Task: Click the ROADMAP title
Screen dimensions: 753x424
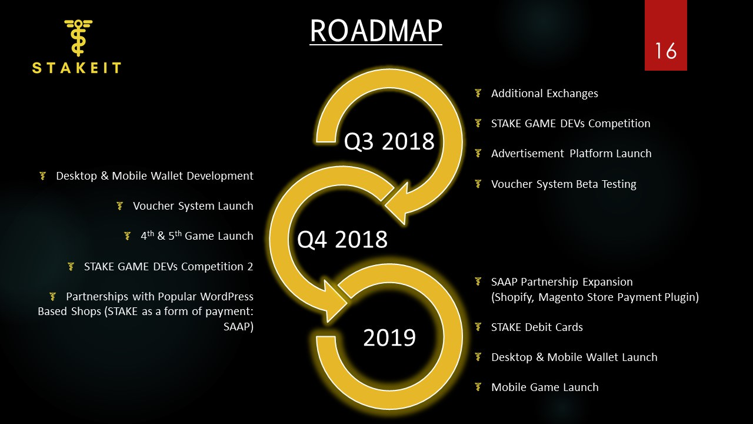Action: click(x=376, y=31)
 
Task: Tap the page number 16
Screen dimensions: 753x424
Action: click(x=665, y=51)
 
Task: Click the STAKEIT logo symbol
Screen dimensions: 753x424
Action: click(x=78, y=38)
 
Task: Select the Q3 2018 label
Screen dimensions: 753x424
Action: click(x=389, y=141)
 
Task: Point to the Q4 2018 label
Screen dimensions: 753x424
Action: click(x=342, y=240)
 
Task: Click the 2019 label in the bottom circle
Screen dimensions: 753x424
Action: click(x=389, y=337)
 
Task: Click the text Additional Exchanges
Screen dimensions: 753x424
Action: click(x=545, y=93)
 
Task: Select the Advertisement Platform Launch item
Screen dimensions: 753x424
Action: click(x=571, y=154)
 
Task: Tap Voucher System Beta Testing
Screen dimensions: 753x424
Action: click(x=564, y=184)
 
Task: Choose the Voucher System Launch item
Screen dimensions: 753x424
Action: click(x=193, y=206)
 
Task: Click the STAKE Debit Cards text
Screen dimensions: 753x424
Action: click(x=537, y=327)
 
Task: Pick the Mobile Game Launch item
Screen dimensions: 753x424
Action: click(x=545, y=387)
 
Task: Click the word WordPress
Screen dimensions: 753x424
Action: click(x=227, y=296)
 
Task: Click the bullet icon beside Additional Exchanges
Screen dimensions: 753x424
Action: click(x=478, y=93)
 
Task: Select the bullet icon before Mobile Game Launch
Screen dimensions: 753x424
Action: click(x=478, y=387)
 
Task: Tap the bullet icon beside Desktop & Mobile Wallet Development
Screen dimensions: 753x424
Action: click(x=43, y=175)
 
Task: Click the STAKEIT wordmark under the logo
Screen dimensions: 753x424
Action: click(x=76, y=68)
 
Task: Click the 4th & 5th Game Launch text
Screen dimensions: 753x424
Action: click(x=197, y=236)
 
